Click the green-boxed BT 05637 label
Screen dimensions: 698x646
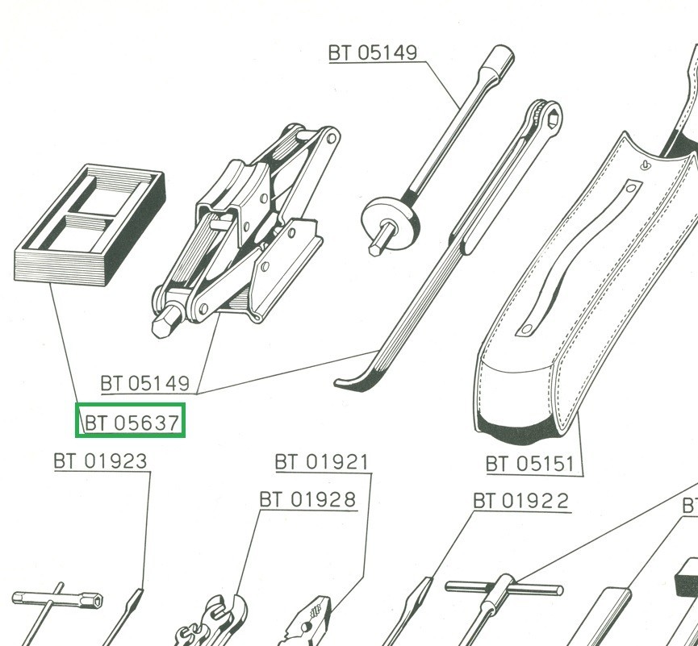coord(132,423)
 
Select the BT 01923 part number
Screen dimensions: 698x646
coord(100,461)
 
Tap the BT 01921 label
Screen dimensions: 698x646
coord(321,462)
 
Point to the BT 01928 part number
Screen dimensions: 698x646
coord(307,499)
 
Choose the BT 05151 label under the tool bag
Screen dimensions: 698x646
coord(529,464)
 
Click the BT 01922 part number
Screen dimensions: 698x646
coord(520,501)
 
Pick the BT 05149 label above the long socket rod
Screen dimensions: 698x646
coord(373,52)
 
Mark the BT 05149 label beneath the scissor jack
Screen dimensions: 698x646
coord(145,383)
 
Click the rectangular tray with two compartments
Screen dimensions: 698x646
coord(90,225)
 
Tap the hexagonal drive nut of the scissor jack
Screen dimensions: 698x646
coord(165,322)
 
